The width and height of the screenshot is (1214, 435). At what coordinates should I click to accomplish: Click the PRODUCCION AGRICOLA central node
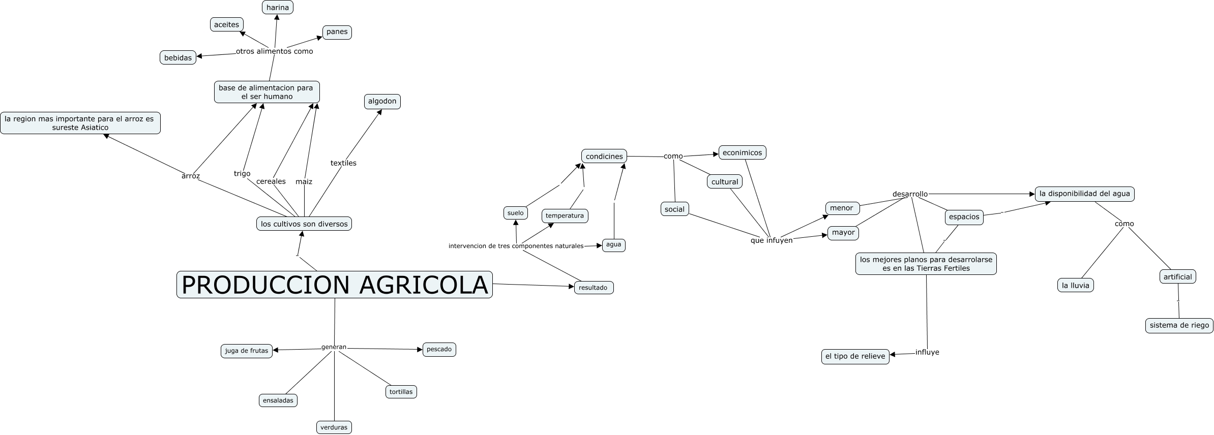point(334,285)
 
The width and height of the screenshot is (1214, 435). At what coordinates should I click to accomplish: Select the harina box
point(277,8)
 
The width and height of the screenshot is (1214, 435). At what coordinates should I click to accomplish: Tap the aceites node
point(226,24)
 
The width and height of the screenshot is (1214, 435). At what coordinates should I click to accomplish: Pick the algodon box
point(382,101)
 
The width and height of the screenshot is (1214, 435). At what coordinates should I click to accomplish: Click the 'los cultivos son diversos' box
point(304,224)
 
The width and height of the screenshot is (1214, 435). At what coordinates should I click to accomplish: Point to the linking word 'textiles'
point(343,163)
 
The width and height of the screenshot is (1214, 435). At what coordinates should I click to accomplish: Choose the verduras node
point(334,427)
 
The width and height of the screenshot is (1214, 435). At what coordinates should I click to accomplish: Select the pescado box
point(439,350)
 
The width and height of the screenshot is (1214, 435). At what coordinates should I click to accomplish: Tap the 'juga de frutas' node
point(247,351)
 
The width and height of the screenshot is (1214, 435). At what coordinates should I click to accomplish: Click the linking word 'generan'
point(334,347)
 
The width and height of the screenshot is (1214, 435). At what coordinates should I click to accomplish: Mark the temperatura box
point(565,215)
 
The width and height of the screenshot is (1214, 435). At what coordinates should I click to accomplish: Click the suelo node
point(515,213)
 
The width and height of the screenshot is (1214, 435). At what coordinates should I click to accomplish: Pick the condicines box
point(604,157)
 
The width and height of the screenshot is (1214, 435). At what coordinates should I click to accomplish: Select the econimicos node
point(742,152)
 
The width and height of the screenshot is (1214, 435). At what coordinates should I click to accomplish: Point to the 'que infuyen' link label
point(772,240)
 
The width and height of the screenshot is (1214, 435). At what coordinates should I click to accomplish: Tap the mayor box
point(843,233)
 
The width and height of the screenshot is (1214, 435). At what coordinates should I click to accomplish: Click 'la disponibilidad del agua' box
point(1085,194)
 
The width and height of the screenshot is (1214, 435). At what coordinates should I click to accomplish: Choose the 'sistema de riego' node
point(1179,325)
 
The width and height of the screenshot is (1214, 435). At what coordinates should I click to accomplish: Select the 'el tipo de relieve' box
point(855,356)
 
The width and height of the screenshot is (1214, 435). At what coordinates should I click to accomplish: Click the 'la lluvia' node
point(1075,285)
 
